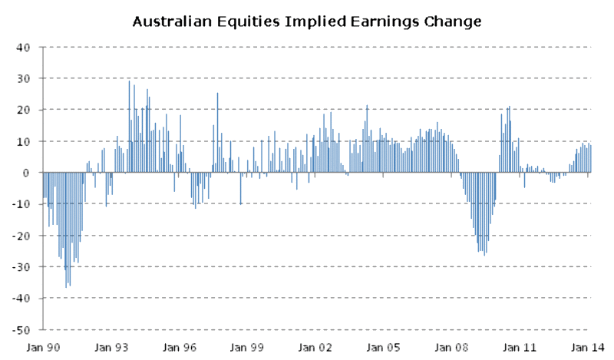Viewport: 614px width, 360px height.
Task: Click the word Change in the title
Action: point(453,21)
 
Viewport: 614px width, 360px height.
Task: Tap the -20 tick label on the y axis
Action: point(21,236)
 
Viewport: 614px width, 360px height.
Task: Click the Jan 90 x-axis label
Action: point(43,348)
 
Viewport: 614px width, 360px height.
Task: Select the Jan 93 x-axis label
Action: point(111,348)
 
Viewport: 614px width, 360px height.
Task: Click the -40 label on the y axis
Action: point(21,299)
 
